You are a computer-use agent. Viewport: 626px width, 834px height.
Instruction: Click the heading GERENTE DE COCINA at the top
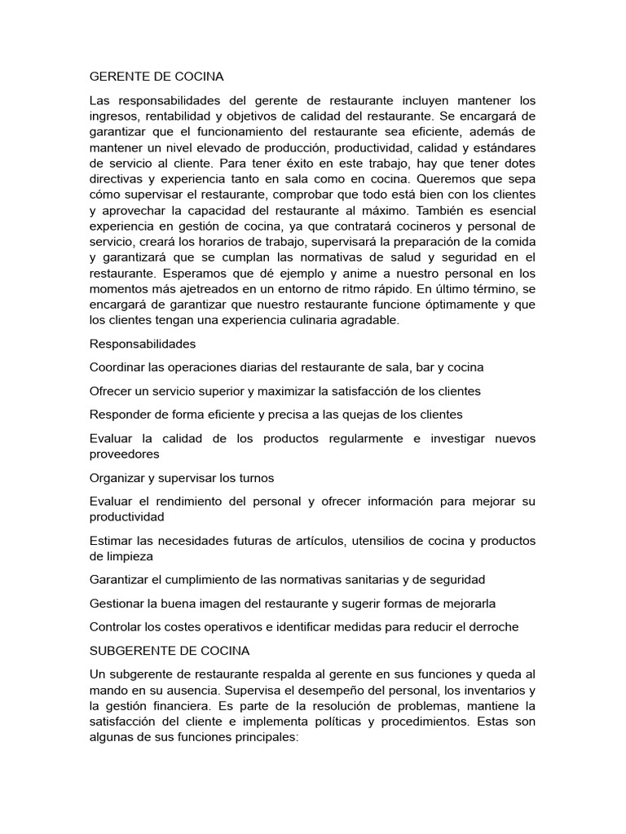tap(156, 77)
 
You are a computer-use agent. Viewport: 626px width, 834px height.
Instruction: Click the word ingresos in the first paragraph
tap(114, 116)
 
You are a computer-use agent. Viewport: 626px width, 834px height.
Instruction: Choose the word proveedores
tap(124, 453)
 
